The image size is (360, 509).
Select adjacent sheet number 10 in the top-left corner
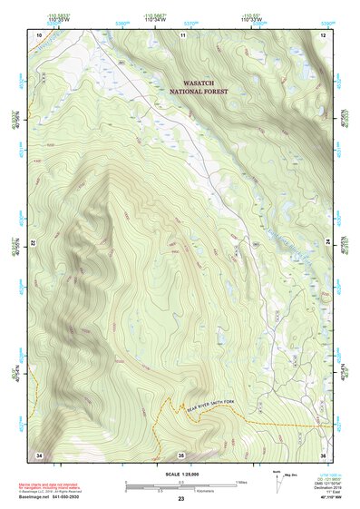pos(39,34)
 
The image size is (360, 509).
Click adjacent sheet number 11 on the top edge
pos(182,34)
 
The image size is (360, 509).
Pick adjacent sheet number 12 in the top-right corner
pos(323,34)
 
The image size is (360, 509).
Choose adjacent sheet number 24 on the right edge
pos(327,244)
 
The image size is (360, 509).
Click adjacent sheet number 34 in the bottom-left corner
pos(39,454)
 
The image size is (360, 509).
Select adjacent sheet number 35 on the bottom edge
pos(181,454)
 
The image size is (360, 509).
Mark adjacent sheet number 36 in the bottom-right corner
pos(323,454)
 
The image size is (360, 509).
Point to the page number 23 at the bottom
pos(181,499)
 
